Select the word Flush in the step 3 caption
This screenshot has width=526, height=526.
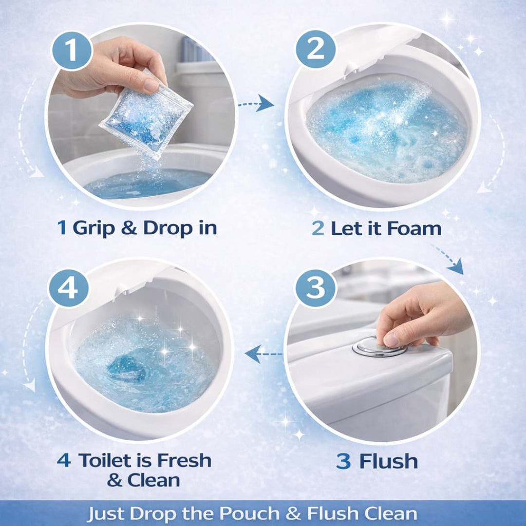tap(388, 461)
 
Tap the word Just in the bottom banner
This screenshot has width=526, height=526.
tap(107, 514)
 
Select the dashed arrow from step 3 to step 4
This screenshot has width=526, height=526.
tap(264, 353)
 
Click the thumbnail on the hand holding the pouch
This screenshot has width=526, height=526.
tap(151, 85)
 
